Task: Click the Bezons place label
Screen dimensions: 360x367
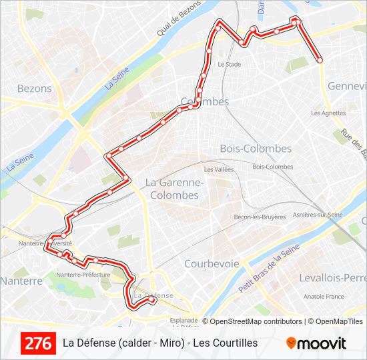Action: tap(34, 88)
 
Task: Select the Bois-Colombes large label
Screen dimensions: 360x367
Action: tap(256, 149)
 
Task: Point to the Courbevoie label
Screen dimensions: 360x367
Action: tap(212, 263)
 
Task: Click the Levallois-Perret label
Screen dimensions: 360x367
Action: tap(333, 277)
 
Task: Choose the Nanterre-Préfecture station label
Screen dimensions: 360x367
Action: tap(83, 275)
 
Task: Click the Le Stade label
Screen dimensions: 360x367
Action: tap(229, 65)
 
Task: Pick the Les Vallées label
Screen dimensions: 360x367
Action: tap(219, 170)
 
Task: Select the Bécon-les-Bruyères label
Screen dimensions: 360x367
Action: tap(260, 217)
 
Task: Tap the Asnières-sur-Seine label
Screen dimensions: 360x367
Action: tap(318, 215)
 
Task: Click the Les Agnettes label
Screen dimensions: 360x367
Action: tap(328, 113)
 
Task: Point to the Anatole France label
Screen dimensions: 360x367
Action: tap(324, 297)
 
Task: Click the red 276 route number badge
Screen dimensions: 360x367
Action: tap(38, 343)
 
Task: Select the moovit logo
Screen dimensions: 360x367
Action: tap(316, 343)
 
